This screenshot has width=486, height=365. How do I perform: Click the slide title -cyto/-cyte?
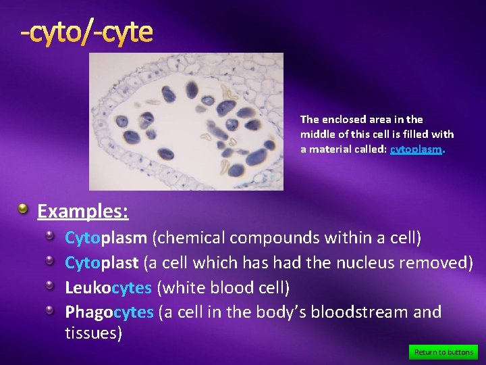pyautogui.click(x=86, y=32)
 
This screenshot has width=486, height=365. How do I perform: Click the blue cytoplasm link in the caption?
pyautogui.click(x=416, y=150)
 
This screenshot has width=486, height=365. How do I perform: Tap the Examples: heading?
pyautogui.click(x=83, y=212)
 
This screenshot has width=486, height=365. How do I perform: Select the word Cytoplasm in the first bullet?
pyautogui.click(x=105, y=238)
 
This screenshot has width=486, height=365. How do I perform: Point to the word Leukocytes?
pyautogui.click(x=108, y=288)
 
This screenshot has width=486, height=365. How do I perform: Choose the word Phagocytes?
pyautogui.click(x=109, y=312)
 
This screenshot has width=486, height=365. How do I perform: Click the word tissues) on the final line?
pyautogui.click(x=93, y=333)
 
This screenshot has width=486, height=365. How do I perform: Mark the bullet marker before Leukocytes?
pyautogui.click(x=51, y=285)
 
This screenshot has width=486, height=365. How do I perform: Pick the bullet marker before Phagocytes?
pyautogui.click(x=51, y=310)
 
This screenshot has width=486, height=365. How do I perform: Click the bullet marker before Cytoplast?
pyautogui.click(x=51, y=260)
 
